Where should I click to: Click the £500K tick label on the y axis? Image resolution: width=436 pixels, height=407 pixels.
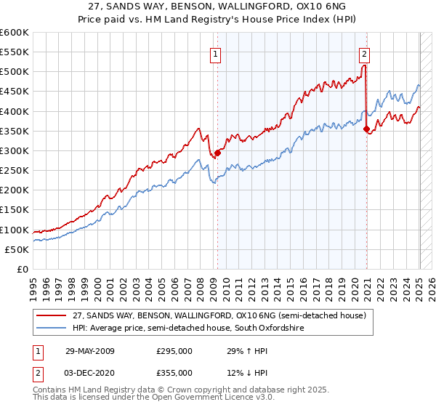[x=15, y=72]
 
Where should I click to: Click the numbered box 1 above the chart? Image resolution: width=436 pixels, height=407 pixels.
[x=217, y=53]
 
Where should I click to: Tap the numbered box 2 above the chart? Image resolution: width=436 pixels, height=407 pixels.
[x=363, y=53]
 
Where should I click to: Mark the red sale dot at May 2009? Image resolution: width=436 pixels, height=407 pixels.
[x=217, y=153]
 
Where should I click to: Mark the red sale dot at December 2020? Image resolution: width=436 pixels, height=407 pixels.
[x=366, y=129]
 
